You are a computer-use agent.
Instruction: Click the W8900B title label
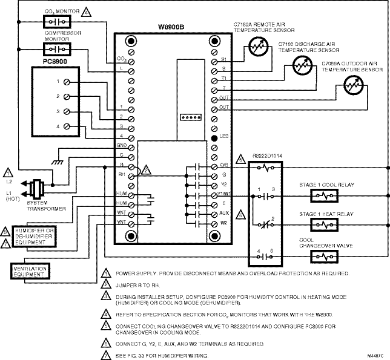[170, 26]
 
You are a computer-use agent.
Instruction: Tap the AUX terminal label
[224, 214]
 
